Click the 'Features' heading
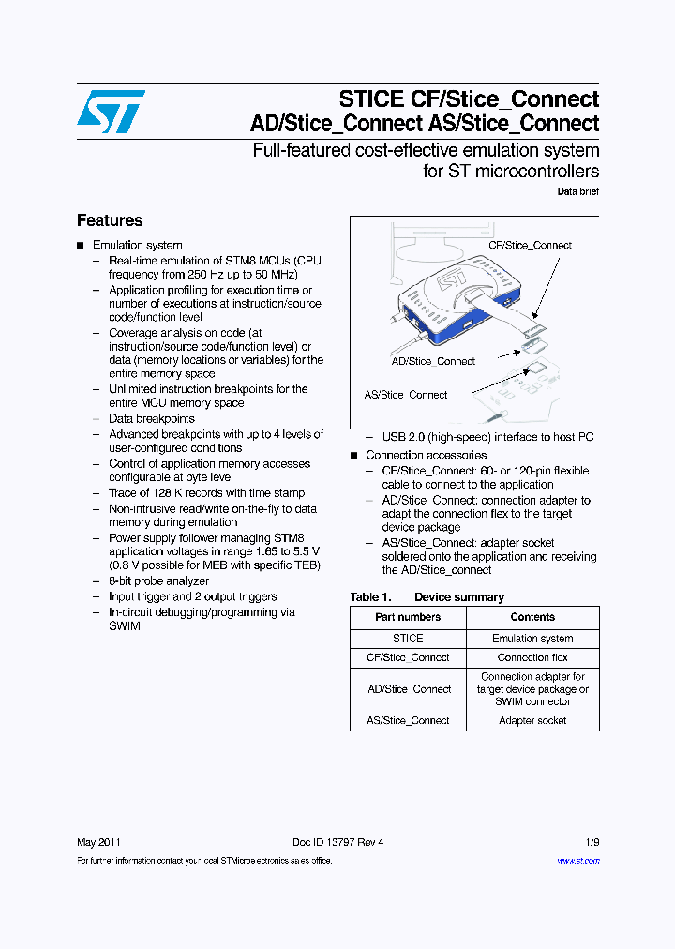(x=110, y=220)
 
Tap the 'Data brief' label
(x=577, y=191)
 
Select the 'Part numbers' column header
(x=408, y=617)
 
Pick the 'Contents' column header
(x=532, y=617)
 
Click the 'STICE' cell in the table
(x=408, y=639)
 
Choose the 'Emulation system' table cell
(x=532, y=639)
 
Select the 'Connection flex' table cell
(x=532, y=658)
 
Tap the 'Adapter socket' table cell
(x=532, y=721)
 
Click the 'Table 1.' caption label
(x=370, y=597)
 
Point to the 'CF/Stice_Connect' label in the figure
(x=530, y=246)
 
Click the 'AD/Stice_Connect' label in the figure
(x=433, y=362)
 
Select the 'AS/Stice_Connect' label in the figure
(x=406, y=395)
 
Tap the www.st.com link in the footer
(x=577, y=861)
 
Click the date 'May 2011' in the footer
(x=98, y=842)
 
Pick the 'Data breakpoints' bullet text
(x=152, y=419)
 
